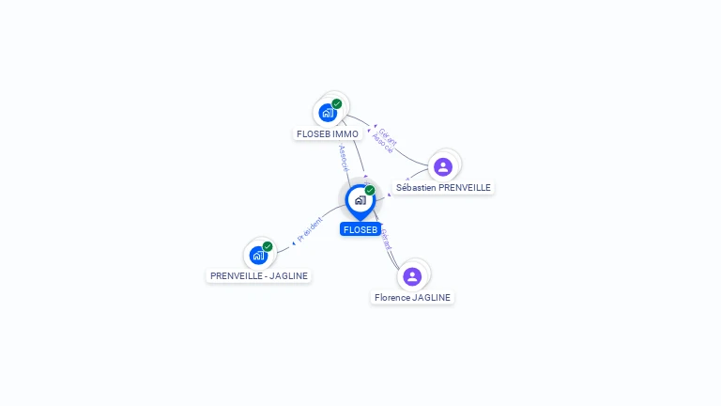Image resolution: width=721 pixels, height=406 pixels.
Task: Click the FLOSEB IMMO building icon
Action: (328, 113)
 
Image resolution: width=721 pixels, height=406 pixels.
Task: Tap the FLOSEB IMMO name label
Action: (328, 134)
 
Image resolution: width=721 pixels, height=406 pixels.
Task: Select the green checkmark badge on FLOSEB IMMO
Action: (337, 103)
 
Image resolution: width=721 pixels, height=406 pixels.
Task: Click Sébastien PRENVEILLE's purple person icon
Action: (443, 166)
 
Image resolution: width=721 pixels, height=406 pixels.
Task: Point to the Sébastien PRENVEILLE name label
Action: (443, 188)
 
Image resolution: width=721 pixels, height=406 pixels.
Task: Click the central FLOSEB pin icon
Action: (360, 199)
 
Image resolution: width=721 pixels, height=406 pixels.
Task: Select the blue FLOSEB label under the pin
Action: (360, 229)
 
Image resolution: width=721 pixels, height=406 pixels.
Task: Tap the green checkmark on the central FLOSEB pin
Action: (370, 190)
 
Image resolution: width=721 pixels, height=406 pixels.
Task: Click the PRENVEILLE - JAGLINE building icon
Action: (258, 255)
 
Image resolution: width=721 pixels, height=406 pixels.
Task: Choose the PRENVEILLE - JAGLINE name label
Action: (259, 276)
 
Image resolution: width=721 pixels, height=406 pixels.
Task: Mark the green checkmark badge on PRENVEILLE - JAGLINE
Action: (268, 246)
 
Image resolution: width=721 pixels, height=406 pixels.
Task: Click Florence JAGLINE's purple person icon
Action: (412, 276)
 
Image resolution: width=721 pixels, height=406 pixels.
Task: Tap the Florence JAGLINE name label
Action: (412, 298)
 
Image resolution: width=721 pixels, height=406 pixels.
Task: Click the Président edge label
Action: (310, 227)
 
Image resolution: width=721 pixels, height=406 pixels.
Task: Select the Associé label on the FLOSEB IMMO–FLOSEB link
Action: (344, 156)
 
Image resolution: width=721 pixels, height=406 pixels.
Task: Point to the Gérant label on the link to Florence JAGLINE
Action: (386, 238)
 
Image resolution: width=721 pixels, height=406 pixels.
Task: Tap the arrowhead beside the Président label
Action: (293, 242)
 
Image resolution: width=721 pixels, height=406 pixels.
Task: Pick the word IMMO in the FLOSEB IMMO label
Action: (345, 134)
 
